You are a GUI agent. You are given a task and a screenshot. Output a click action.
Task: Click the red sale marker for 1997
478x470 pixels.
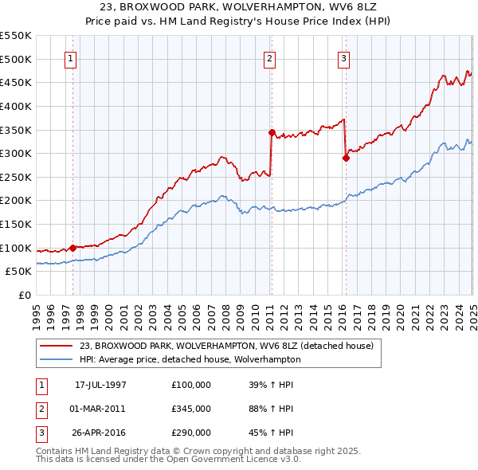(72, 248)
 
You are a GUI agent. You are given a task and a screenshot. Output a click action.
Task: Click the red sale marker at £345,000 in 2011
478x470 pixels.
(272, 132)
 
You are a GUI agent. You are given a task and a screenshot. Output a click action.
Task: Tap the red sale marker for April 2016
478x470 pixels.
(346, 158)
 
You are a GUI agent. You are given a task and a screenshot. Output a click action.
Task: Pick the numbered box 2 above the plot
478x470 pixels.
(270, 57)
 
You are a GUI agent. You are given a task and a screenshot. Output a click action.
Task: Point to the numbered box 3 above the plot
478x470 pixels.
(343, 57)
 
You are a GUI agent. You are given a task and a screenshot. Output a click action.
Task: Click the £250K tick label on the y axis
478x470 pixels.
(16, 177)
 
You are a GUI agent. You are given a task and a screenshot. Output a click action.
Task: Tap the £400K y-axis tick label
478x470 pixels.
(16, 106)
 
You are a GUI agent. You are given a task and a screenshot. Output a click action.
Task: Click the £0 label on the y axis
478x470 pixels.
(25, 295)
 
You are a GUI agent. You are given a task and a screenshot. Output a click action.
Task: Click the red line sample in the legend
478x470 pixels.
(56, 345)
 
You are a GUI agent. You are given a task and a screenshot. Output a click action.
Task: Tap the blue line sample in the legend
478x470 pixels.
(56, 359)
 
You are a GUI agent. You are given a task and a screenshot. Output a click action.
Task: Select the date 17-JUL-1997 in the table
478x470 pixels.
(100, 384)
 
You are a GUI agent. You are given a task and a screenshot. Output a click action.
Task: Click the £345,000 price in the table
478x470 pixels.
(190, 408)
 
